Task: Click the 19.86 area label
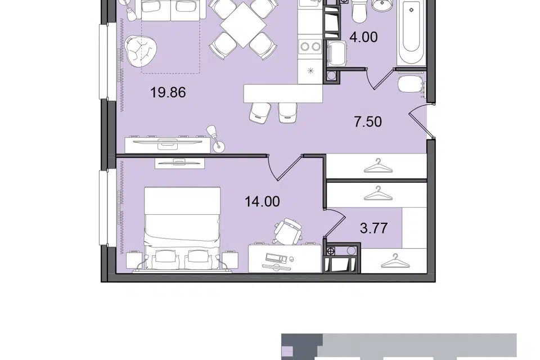pos(168,92)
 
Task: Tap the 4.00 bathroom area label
pos(363,37)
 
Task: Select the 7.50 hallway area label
pos(368,121)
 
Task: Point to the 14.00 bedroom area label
pos(262,201)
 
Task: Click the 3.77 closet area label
pos(373,228)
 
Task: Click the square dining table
pos(243,25)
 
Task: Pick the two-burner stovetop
pos(310,46)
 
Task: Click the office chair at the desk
pos(288,231)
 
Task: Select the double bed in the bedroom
pos(182,229)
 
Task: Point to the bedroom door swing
pos(285,168)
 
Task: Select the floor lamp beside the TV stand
pos(215,138)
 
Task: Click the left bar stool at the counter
pos(259,112)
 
